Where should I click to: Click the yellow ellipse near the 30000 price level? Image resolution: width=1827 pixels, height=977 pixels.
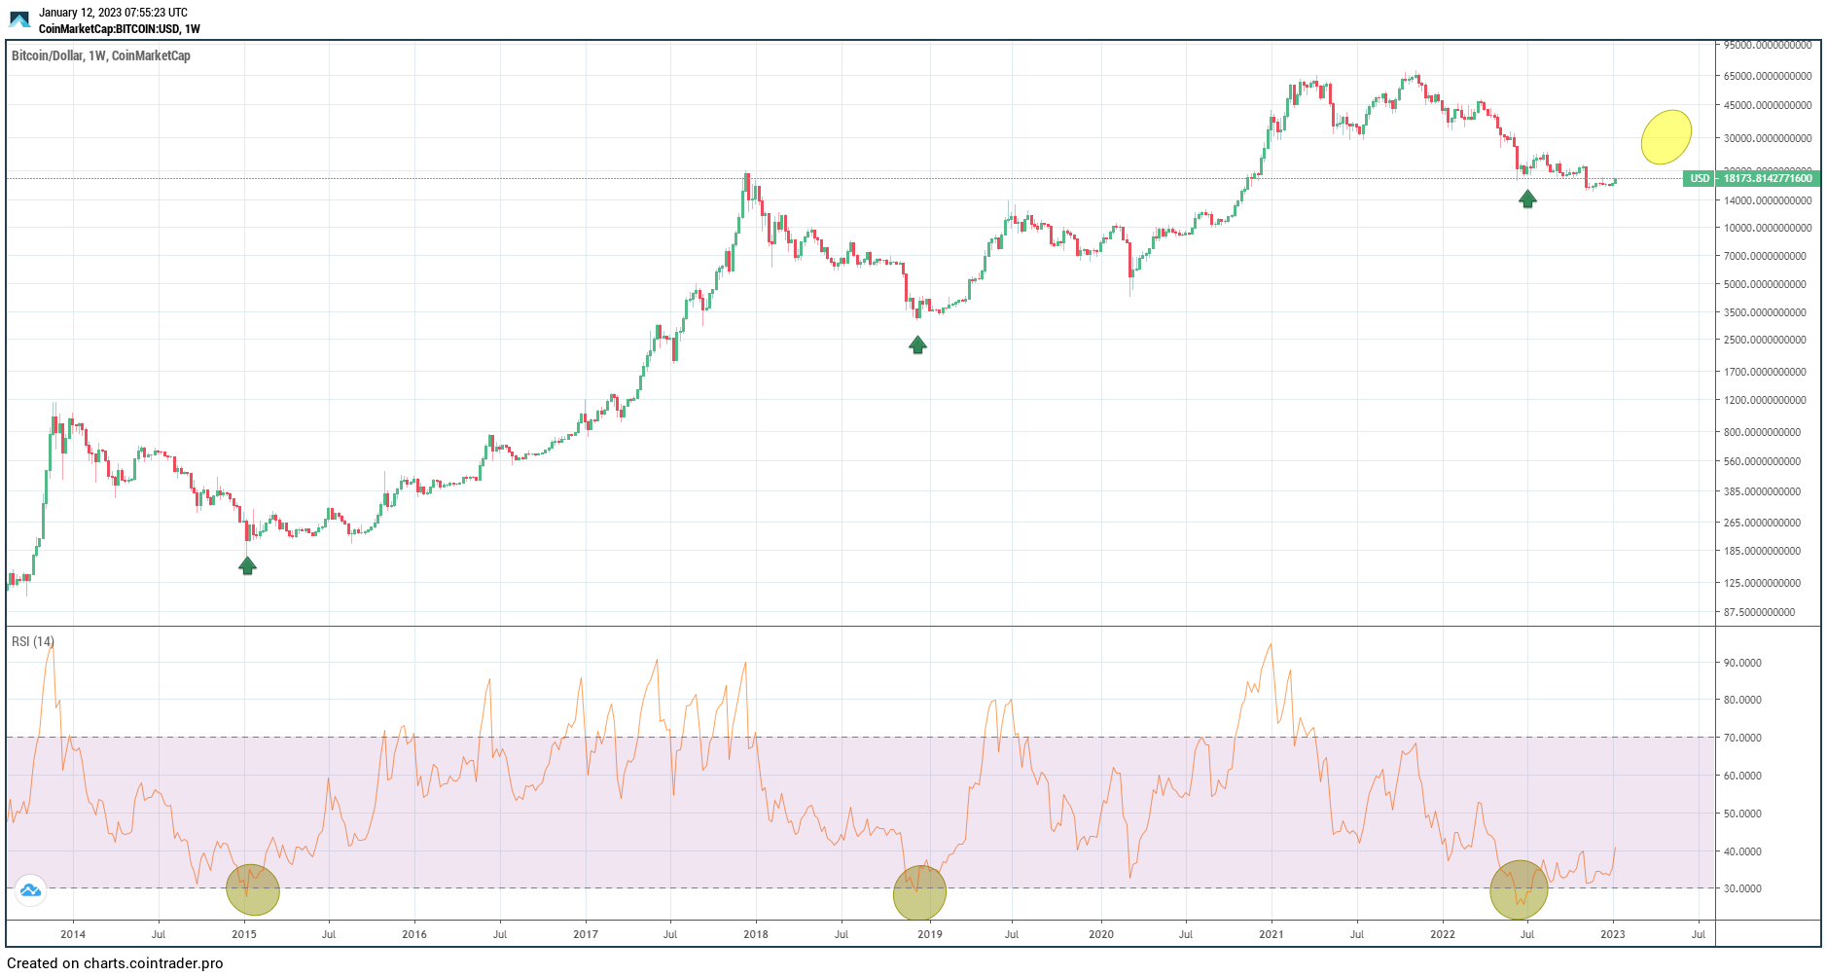[1666, 136]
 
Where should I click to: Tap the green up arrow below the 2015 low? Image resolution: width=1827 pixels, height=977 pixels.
[247, 565]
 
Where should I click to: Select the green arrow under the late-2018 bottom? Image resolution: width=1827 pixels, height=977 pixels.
[917, 344]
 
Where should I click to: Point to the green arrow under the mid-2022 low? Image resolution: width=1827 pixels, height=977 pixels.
[1527, 199]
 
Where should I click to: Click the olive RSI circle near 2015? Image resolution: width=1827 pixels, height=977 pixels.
[253, 889]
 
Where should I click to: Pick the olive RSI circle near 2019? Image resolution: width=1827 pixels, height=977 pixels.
[919, 892]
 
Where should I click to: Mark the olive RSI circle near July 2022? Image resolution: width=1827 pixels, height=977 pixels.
[1518, 889]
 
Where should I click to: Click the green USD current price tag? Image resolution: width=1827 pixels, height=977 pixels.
[1751, 178]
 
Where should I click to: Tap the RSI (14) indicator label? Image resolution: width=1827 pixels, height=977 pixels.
[33, 641]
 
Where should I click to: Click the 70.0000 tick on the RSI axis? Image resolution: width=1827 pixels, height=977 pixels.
[1742, 738]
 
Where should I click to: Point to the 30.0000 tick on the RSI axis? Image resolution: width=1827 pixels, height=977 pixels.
[1742, 888]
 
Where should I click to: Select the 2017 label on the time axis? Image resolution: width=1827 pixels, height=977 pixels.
[586, 934]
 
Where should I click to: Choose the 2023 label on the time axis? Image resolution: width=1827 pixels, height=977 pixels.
[1613, 934]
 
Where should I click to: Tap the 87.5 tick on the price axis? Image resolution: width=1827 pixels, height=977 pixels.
[1759, 612]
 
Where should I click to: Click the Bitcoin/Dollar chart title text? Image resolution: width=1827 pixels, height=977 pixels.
[101, 55]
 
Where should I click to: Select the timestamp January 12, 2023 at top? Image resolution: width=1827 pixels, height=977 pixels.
[114, 13]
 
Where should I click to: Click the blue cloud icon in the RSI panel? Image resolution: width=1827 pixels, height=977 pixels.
[30, 889]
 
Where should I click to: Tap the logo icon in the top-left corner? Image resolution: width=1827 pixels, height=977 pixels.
[19, 19]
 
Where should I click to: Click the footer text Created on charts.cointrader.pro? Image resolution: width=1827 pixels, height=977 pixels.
[115, 963]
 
